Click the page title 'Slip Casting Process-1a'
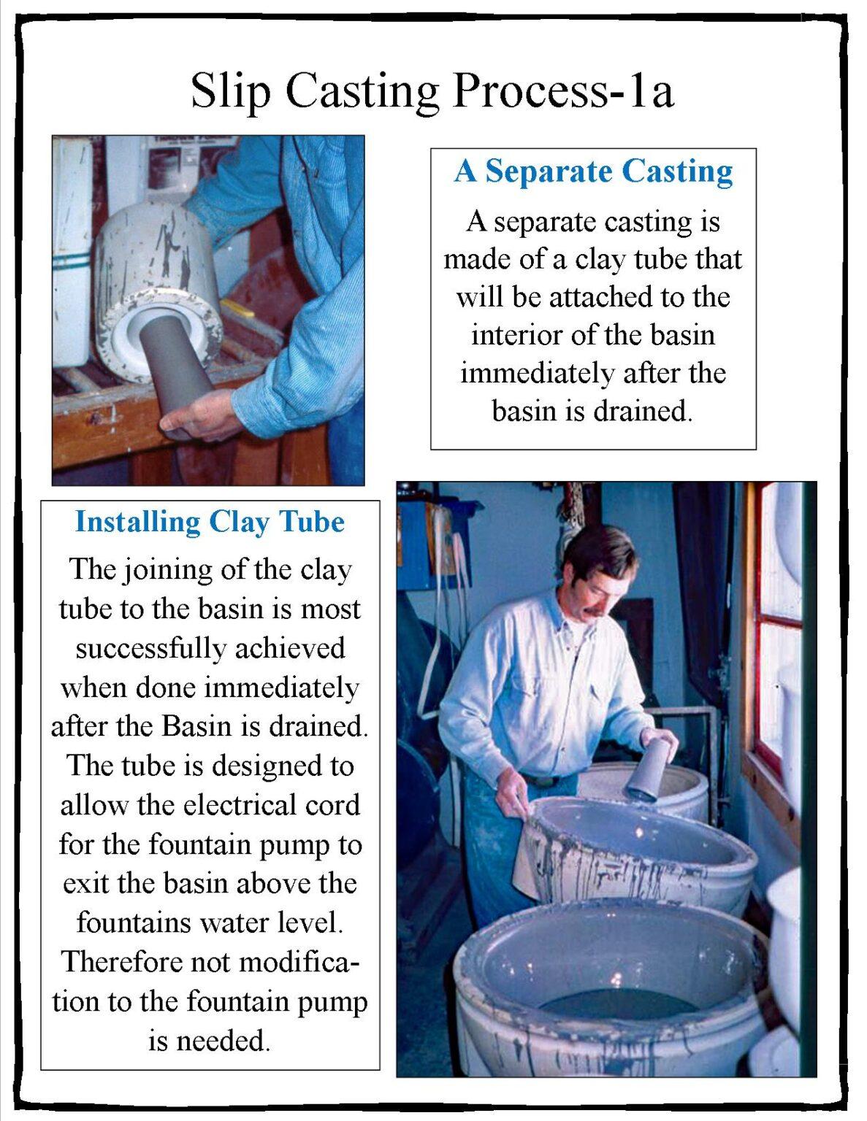[x=432, y=90]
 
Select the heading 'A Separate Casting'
[x=593, y=172]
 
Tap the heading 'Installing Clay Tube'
[x=210, y=522]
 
